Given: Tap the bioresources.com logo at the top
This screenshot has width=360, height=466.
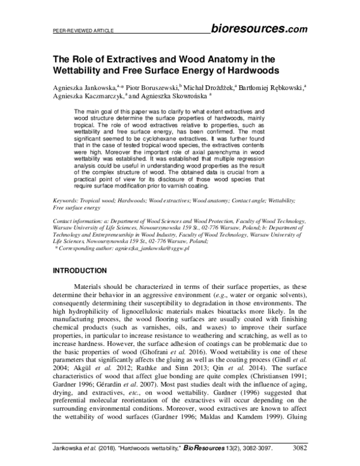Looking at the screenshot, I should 259,28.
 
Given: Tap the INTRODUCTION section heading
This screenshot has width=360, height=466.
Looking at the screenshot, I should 80,270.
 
